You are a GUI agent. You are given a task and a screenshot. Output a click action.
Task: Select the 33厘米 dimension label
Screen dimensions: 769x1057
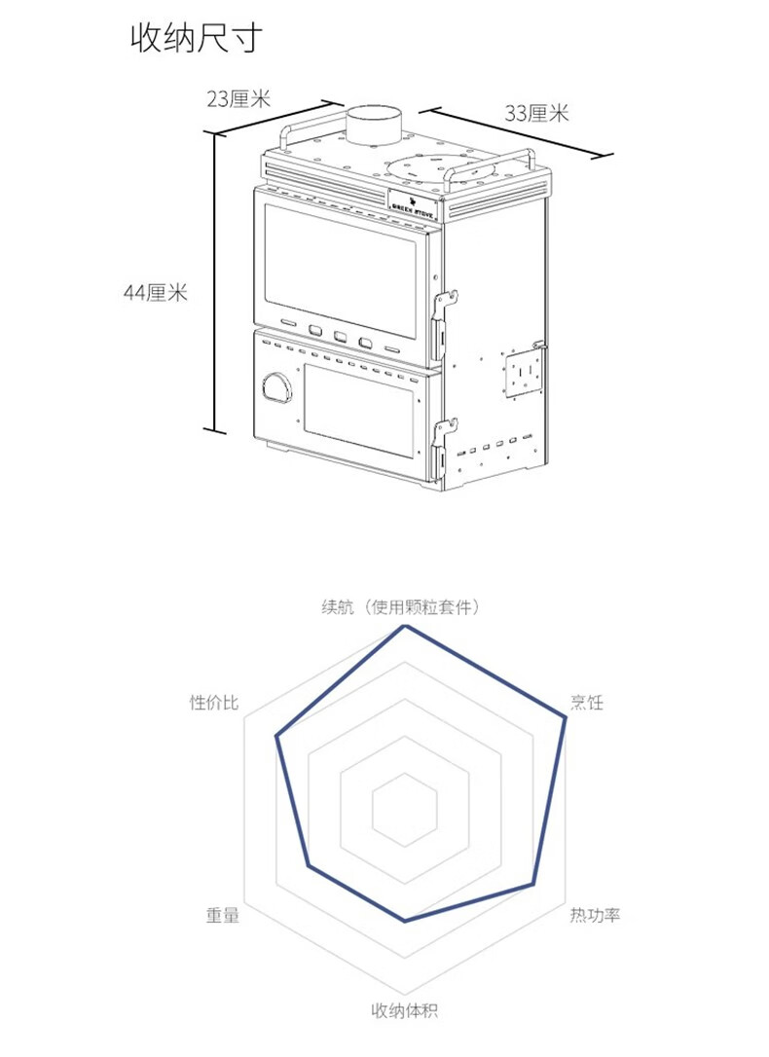click(x=535, y=113)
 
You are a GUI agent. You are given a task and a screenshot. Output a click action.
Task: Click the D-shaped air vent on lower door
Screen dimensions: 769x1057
click(x=275, y=388)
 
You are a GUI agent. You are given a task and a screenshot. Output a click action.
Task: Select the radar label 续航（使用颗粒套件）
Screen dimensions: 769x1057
click(x=401, y=606)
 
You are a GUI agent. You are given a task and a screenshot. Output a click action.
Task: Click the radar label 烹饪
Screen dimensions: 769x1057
click(x=586, y=702)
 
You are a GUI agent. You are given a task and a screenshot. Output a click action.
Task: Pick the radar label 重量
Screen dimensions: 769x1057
click(x=222, y=915)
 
